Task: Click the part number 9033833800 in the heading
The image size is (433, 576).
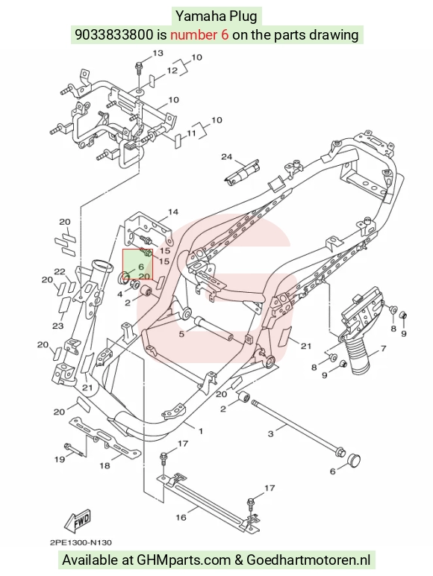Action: (113, 34)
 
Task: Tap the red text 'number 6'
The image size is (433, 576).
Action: (199, 34)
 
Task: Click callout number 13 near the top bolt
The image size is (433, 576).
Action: (158, 53)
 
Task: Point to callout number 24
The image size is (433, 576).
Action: (227, 157)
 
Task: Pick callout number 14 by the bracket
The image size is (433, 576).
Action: (173, 211)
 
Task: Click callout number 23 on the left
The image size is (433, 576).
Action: (58, 326)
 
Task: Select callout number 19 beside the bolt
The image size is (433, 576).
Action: (60, 459)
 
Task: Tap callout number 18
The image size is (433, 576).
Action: (105, 465)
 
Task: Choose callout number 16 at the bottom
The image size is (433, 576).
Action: (181, 517)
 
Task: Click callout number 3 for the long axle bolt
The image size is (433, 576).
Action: (270, 434)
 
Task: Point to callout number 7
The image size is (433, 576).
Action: (383, 348)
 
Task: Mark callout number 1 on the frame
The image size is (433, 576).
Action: (200, 431)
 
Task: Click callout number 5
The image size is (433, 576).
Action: (181, 334)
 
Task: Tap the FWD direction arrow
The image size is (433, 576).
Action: (77, 521)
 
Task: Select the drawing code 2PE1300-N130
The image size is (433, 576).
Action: (81, 542)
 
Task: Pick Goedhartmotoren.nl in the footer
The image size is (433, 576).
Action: (308, 560)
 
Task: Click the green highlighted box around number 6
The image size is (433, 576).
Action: (137, 264)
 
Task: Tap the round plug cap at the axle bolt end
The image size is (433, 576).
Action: (353, 459)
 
